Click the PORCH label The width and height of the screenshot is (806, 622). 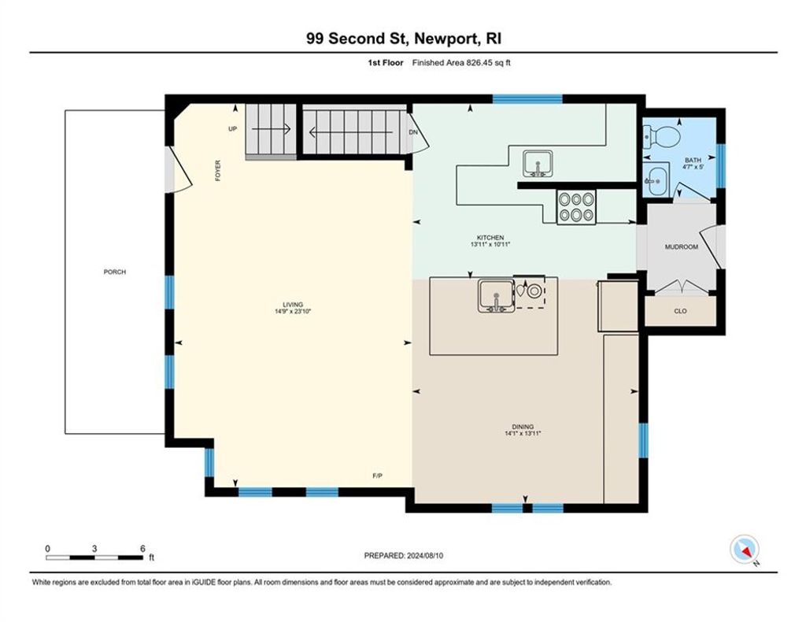coord(115,272)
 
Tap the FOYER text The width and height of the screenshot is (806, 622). coord(218,171)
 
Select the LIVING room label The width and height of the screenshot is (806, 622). coord(293,305)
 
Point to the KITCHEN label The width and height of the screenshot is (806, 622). coord(490,238)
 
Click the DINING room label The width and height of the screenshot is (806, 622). coord(523,427)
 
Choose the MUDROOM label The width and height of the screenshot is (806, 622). coord(682,246)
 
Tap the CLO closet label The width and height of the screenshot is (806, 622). coord(680,311)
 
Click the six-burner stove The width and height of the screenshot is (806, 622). coord(576,207)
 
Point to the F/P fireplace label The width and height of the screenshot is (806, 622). coord(377,476)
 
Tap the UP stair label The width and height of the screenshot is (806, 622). coord(233,129)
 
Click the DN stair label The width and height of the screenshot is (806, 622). coord(413,132)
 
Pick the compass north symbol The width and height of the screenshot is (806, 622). coord(745,550)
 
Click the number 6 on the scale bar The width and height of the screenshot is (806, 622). coord(142,549)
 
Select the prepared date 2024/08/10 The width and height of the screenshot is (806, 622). coord(424,556)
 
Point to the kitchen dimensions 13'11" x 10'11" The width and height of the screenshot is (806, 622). coord(490,245)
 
